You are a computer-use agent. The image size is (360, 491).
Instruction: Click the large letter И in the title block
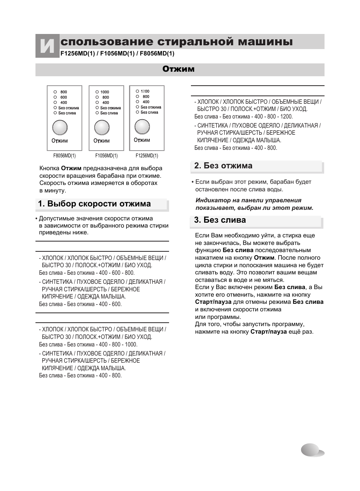(47, 46)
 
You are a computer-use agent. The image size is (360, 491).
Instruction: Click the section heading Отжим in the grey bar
(178, 69)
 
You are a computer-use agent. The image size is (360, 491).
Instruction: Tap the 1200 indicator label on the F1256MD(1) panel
(145, 91)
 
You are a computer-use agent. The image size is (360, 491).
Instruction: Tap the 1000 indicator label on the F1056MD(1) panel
(105, 92)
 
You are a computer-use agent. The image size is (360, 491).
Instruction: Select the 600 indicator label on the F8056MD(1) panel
(64, 97)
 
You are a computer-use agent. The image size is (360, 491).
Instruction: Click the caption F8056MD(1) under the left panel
(65, 155)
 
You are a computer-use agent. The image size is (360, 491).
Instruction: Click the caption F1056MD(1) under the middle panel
(106, 155)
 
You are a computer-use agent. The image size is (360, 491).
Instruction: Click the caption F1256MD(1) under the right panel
(147, 155)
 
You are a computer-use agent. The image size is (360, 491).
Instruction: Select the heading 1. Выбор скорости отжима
(94, 204)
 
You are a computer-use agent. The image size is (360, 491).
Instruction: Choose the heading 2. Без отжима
(223, 166)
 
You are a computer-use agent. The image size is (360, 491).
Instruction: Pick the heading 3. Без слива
(220, 220)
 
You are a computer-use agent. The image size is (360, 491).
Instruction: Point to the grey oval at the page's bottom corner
(312, 450)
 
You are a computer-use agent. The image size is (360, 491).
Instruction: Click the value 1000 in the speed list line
(131, 345)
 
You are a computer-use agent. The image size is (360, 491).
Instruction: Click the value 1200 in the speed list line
(286, 117)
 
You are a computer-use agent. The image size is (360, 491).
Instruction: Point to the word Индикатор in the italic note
(211, 200)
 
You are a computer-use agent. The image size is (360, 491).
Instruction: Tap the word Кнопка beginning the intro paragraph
(49, 168)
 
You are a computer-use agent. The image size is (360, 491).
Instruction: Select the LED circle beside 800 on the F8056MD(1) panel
(55, 92)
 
